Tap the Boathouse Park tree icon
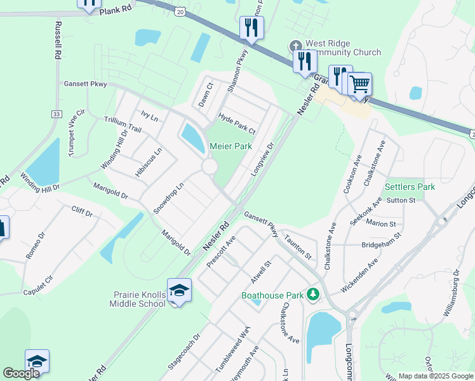pos(312,294)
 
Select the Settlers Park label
pos(410,187)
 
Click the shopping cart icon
pos(359,83)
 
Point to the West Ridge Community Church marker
pos(295,46)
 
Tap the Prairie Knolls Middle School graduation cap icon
pos(180,290)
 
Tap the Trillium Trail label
pos(123,124)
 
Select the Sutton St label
pos(400,200)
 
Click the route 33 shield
pos(57,114)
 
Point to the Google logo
pos(21,373)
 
